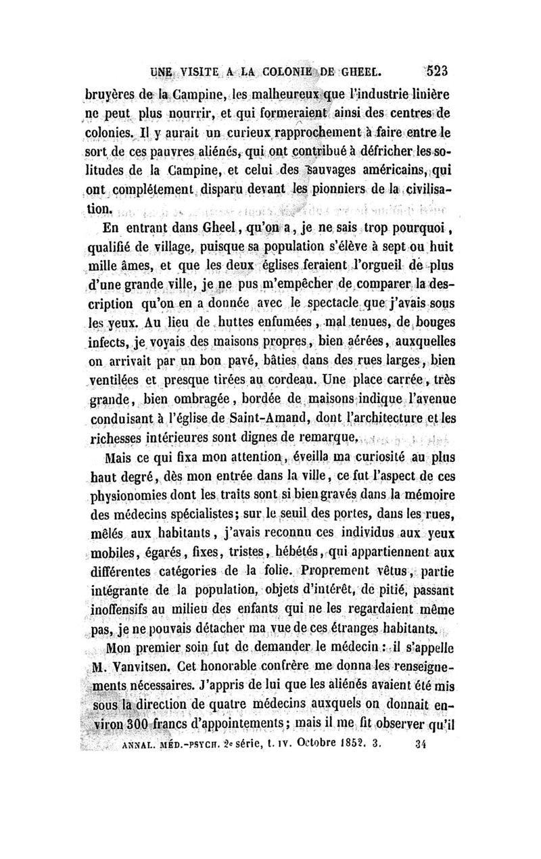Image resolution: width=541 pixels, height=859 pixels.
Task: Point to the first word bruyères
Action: [x=109, y=93]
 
